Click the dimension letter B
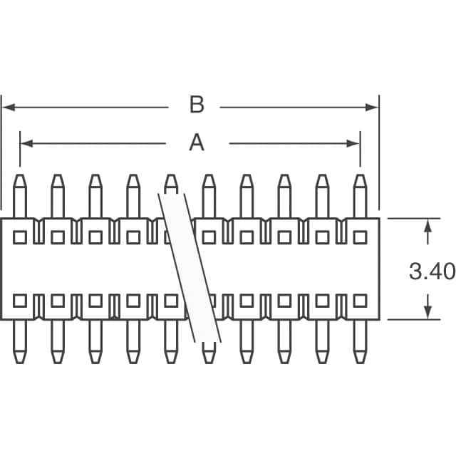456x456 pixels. (197, 106)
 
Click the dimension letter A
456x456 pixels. (197, 143)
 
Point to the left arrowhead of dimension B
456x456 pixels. (8, 108)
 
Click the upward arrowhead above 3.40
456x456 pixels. (427, 225)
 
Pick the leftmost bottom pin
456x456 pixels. (20, 341)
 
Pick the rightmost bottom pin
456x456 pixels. (360, 341)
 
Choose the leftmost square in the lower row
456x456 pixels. (20, 301)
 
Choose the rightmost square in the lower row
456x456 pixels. (360, 301)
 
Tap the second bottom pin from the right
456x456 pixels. (322, 341)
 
